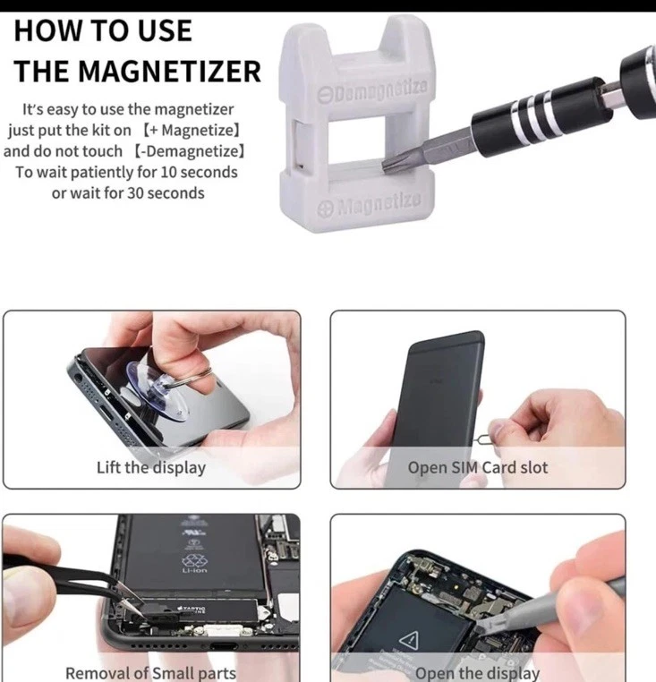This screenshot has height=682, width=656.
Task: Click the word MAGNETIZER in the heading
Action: [x=170, y=71]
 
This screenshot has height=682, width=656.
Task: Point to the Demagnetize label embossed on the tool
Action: [x=372, y=90]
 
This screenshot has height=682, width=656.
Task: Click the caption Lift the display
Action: [x=151, y=467]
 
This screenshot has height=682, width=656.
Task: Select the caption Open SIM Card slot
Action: [x=478, y=467]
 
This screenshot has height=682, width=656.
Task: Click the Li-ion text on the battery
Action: [x=195, y=570]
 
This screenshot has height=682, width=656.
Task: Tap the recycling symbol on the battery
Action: [x=194, y=558]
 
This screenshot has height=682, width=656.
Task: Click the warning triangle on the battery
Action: [x=409, y=640]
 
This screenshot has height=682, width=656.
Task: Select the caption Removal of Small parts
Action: [x=150, y=672]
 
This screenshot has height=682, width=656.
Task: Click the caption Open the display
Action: [x=477, y=673]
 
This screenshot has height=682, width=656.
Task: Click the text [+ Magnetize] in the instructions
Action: [x=192, y=130]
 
